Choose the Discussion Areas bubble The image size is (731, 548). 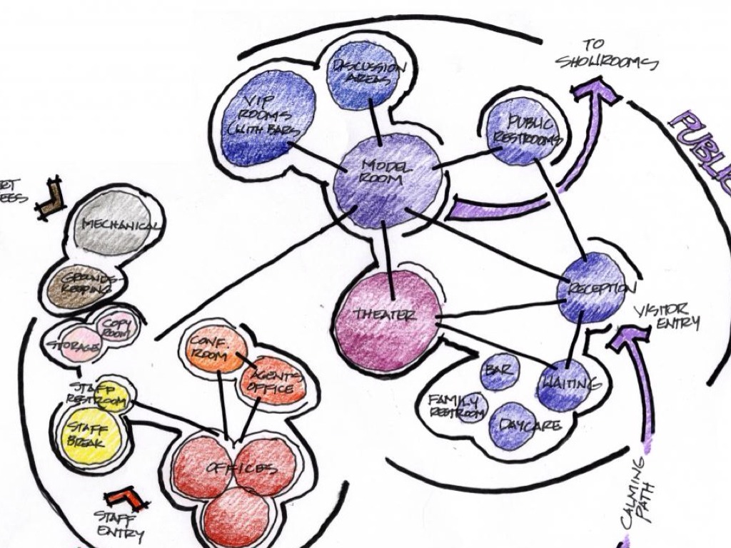point(361,74)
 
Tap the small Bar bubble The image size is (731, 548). point(499,371)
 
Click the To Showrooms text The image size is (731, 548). point(607,56)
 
